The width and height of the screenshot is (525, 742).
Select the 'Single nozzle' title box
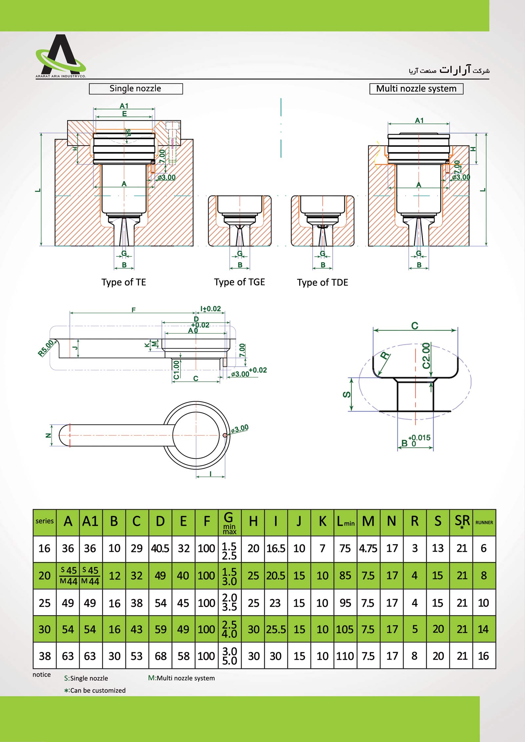[x=136, y=89]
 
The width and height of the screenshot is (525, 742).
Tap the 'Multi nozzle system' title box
[x=416, y=89]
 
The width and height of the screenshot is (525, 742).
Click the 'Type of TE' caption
[x=123, y=282]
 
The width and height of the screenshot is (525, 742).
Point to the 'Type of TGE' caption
[x=239, y=282]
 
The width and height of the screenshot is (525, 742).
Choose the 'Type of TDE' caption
[x=322, y=283]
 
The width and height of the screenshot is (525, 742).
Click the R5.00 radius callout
[x=46, y=348]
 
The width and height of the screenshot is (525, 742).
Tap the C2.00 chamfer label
[x=426, y=356]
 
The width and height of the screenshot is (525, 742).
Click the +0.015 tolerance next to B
[x=419, y=438]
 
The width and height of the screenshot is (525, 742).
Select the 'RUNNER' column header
[x=484, y=523]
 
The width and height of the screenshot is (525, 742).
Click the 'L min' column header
[x=346, y=522]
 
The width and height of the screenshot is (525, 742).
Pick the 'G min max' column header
[x=229, y=523]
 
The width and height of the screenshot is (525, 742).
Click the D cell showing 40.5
[x=160, y=549]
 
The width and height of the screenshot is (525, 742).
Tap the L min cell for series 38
[x=345, y=656]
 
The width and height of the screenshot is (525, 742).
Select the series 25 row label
[x=45, y=603]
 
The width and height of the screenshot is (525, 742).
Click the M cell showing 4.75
[x=368, y=549]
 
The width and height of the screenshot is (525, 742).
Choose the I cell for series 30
[x=276, y=629]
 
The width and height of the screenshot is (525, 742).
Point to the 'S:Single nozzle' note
[x=86, y=678]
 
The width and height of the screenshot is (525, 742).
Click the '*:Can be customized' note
[x=95, y=691]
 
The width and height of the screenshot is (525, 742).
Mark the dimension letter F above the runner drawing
[x=134, y=310]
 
